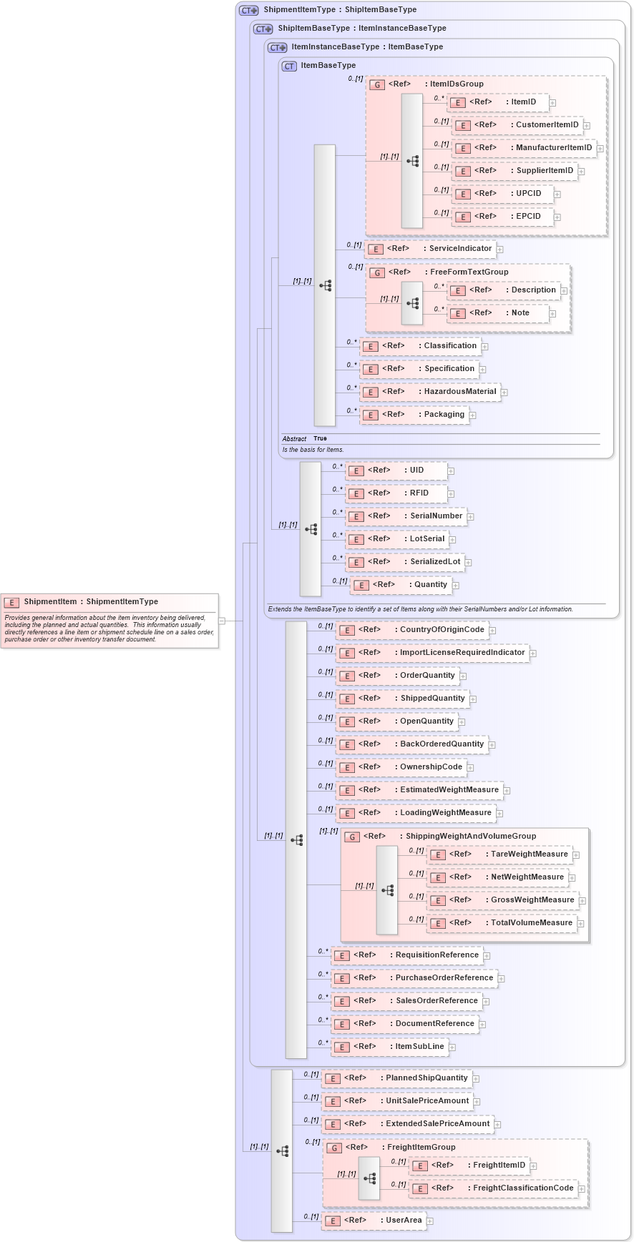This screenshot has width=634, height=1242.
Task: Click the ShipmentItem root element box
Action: (109, 620)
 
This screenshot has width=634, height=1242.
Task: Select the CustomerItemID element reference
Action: (520, 125)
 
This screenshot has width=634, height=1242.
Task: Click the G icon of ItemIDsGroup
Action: (377, 84)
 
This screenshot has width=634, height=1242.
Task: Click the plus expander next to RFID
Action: (451, 493)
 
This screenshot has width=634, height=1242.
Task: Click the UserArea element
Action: (374, 1221)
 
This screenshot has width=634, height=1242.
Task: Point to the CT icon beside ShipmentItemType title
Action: (248, 10)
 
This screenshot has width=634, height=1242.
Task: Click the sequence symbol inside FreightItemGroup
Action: (369, 1177)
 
